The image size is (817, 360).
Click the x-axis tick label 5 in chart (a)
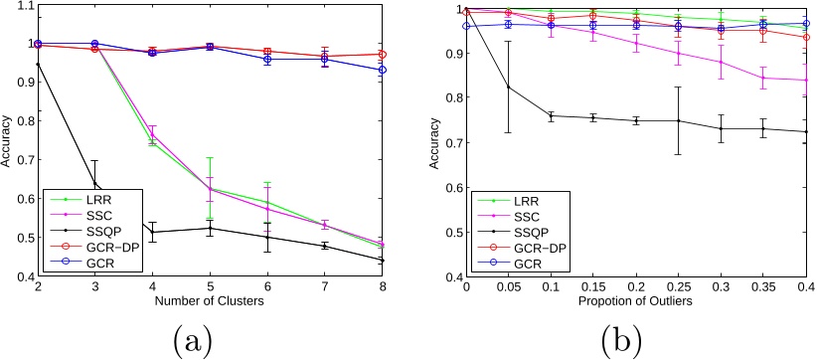coord(210,288)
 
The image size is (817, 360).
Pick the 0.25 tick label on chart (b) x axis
coord(679,288)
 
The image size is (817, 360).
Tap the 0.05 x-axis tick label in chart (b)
coord(509,288)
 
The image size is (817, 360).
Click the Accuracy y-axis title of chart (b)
coord(435,143)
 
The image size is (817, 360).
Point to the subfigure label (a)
coord(192,340)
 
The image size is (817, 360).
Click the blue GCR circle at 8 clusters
coord(383,70)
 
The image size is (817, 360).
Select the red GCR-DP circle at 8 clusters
coord(383,54)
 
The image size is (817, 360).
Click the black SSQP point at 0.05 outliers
coord(509,87)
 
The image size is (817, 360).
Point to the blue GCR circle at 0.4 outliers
coord(806,24)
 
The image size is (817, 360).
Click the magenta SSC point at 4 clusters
coord(153,134)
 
